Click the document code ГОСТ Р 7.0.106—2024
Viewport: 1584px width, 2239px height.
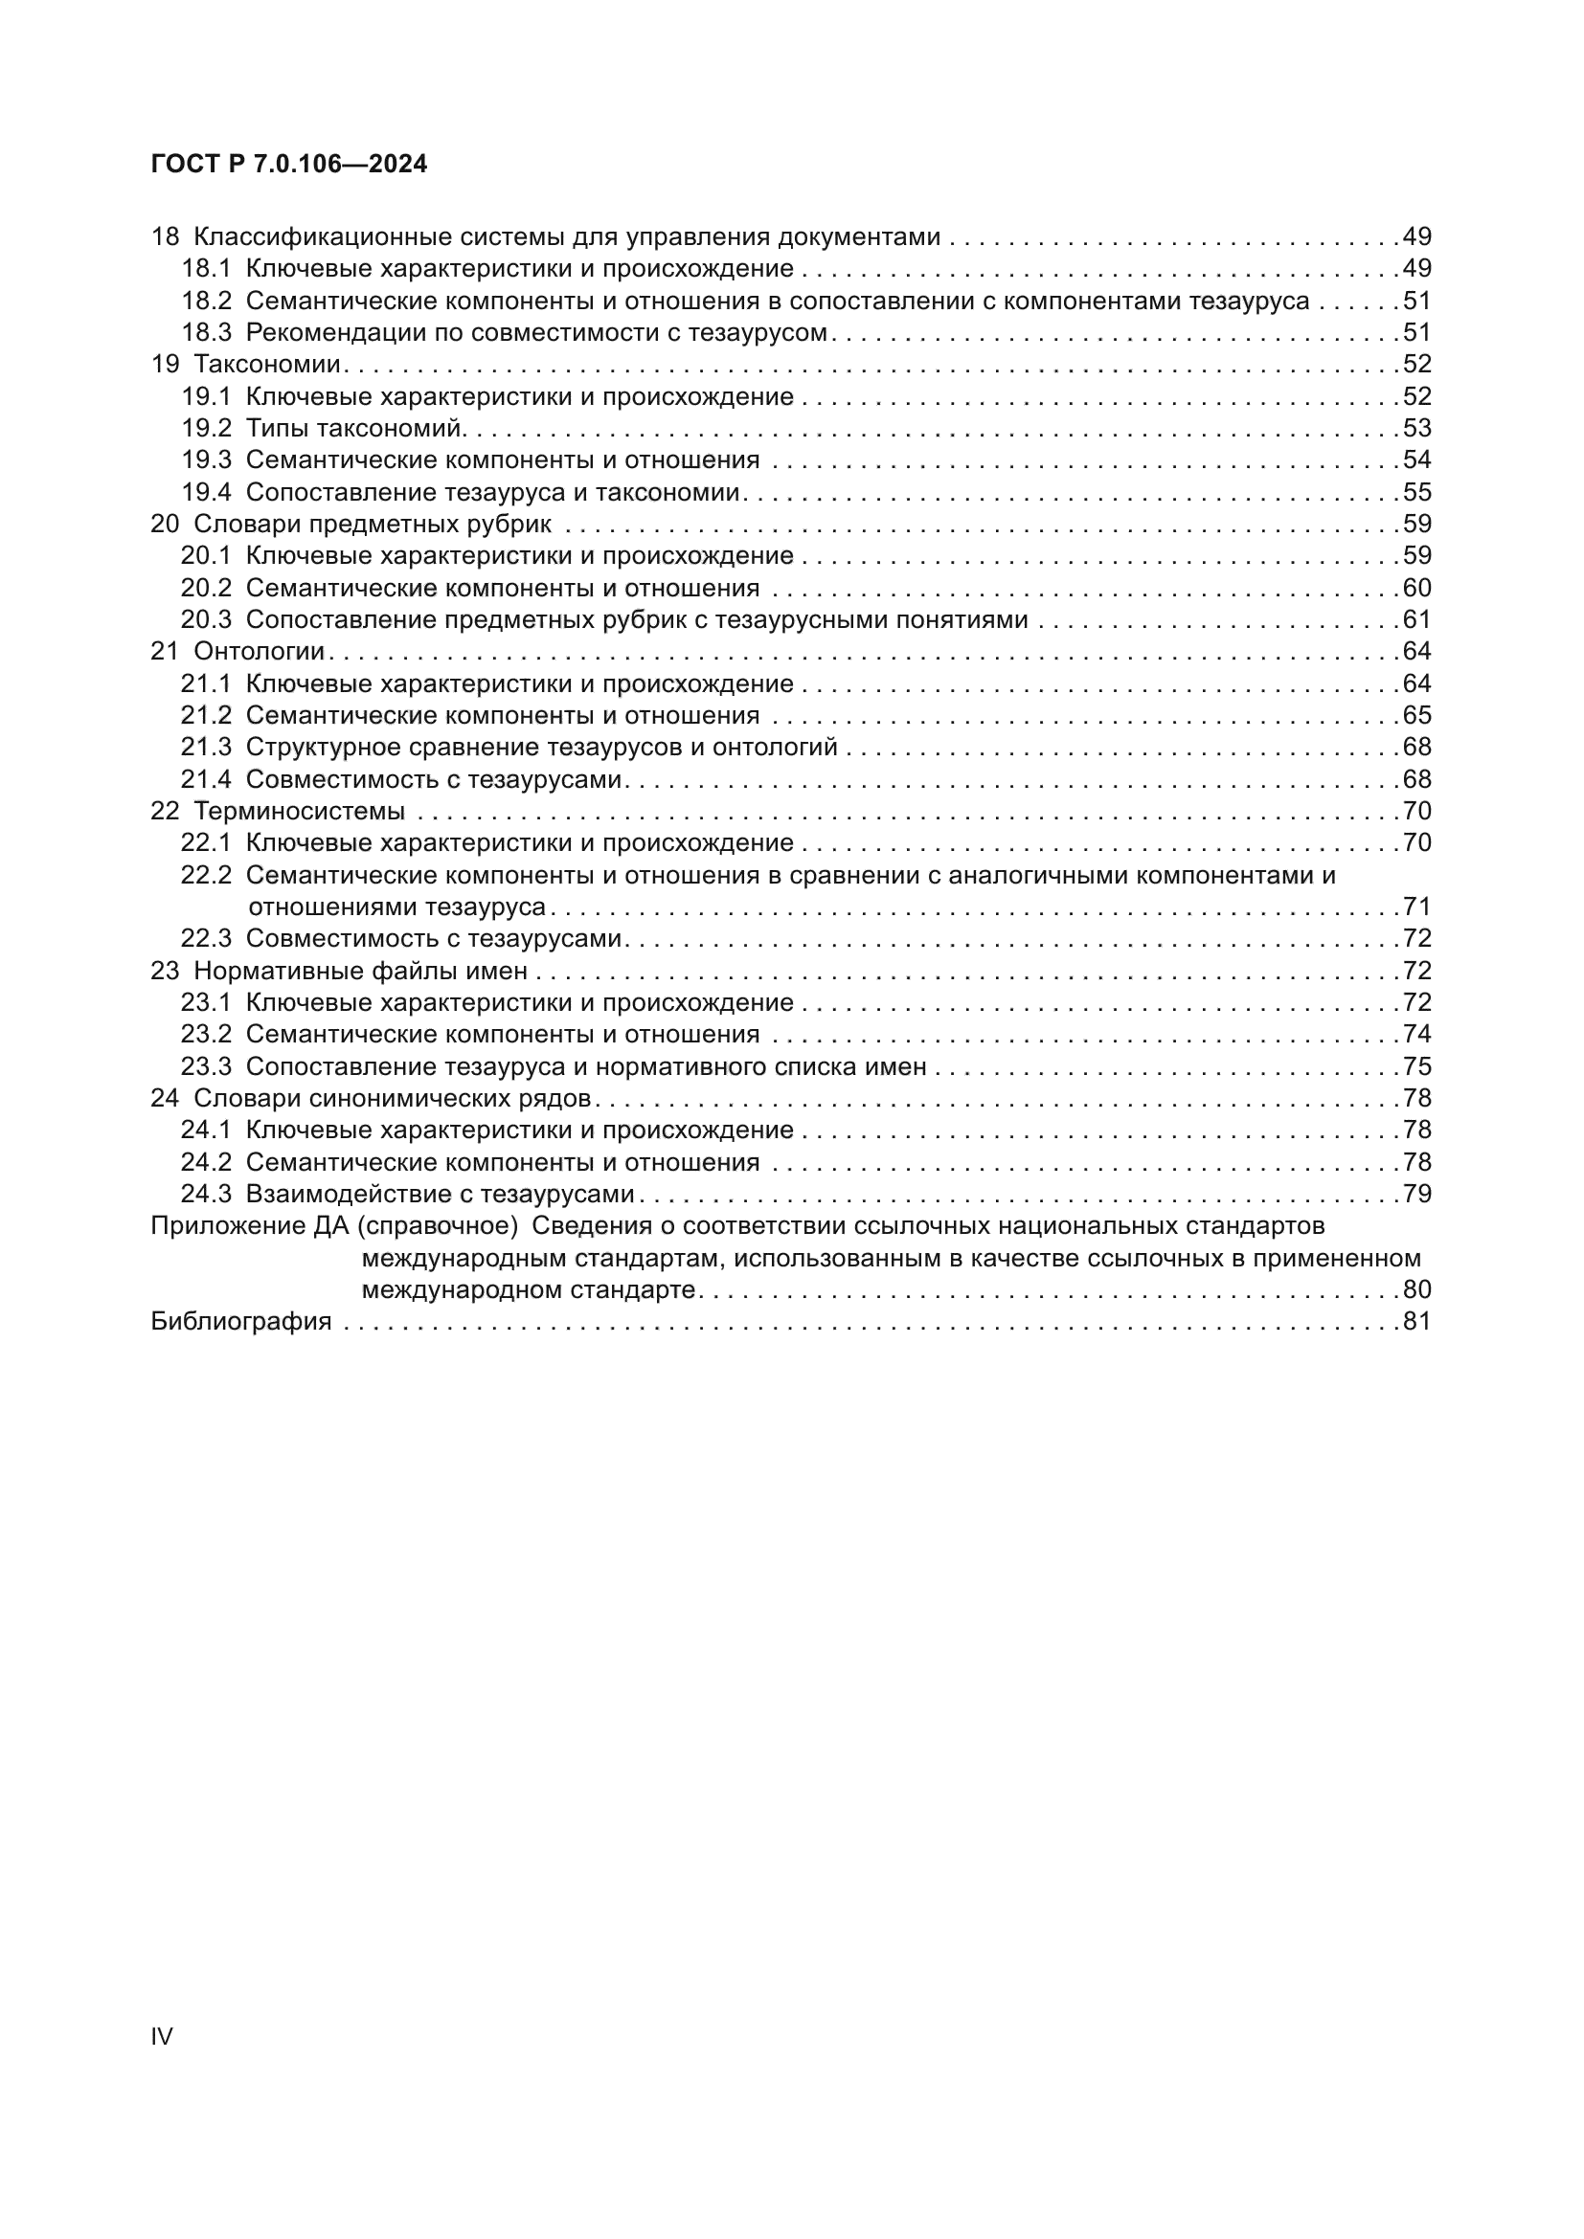(x=288, y=164)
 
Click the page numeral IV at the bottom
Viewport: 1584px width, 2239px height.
(x=162, y=2036)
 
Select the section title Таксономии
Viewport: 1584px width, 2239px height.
(x=267, y=365)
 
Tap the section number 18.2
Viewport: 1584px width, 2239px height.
(x=206, y=302)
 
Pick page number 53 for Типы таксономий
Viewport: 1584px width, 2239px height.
(x=1416, y=428)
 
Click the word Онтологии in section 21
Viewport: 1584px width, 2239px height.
(x=259, y=652)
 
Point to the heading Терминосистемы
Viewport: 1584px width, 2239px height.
(x=299, y=812)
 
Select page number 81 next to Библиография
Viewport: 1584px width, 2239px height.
(x=1416, y=1322)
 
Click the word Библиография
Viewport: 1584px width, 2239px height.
(x=241, y=1322)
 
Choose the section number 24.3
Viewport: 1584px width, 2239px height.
(x=206, y=1195)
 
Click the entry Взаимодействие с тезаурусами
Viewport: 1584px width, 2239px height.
(x=439, y=1195)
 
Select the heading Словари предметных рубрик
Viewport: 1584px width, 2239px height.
(x=372, y=525)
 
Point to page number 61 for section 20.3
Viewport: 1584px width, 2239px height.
(x=1416, y=620)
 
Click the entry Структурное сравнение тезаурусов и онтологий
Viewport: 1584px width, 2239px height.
(x=541, y=748)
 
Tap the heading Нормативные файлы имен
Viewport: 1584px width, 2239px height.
(x=360, y=972)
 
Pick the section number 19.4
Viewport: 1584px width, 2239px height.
(x=206, y=492)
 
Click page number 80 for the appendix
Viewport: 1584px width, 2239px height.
(x=1416, y=1290)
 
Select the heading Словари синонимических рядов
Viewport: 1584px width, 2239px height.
(x=392, y=1099)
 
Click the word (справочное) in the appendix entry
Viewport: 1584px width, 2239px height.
(x=437, y=1226)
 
